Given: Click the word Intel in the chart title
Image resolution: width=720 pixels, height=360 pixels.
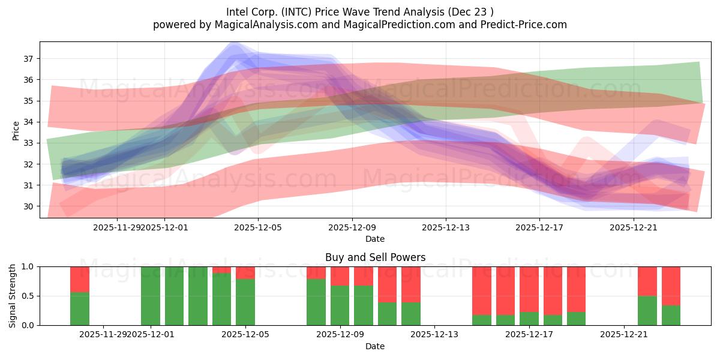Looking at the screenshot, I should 237,12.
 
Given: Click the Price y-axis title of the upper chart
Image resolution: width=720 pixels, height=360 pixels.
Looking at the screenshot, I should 16,130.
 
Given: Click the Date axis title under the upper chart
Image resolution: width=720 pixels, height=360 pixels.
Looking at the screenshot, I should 375,239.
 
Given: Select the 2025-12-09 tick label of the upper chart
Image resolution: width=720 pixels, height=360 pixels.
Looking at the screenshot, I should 352,227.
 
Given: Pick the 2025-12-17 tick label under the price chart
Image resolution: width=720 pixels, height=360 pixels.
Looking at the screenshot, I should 539,227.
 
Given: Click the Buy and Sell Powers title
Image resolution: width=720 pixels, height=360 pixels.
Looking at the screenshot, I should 375,257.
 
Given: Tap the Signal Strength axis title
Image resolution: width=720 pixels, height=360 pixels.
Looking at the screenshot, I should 13,295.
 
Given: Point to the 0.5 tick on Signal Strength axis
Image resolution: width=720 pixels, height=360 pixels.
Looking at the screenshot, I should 29,296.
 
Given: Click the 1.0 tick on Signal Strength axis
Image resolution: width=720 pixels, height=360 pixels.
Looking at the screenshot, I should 29,266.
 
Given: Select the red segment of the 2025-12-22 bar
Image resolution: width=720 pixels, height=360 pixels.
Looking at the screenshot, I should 647,281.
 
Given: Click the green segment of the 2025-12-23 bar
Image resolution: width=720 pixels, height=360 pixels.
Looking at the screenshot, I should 671,315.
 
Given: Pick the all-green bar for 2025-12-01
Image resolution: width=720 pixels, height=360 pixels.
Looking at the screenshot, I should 151,296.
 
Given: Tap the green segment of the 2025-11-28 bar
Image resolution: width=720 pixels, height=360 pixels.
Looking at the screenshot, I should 80,308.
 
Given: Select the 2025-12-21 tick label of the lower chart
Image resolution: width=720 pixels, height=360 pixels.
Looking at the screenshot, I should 625,335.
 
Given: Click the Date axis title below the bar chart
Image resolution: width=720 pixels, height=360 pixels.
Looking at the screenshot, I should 375,346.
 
